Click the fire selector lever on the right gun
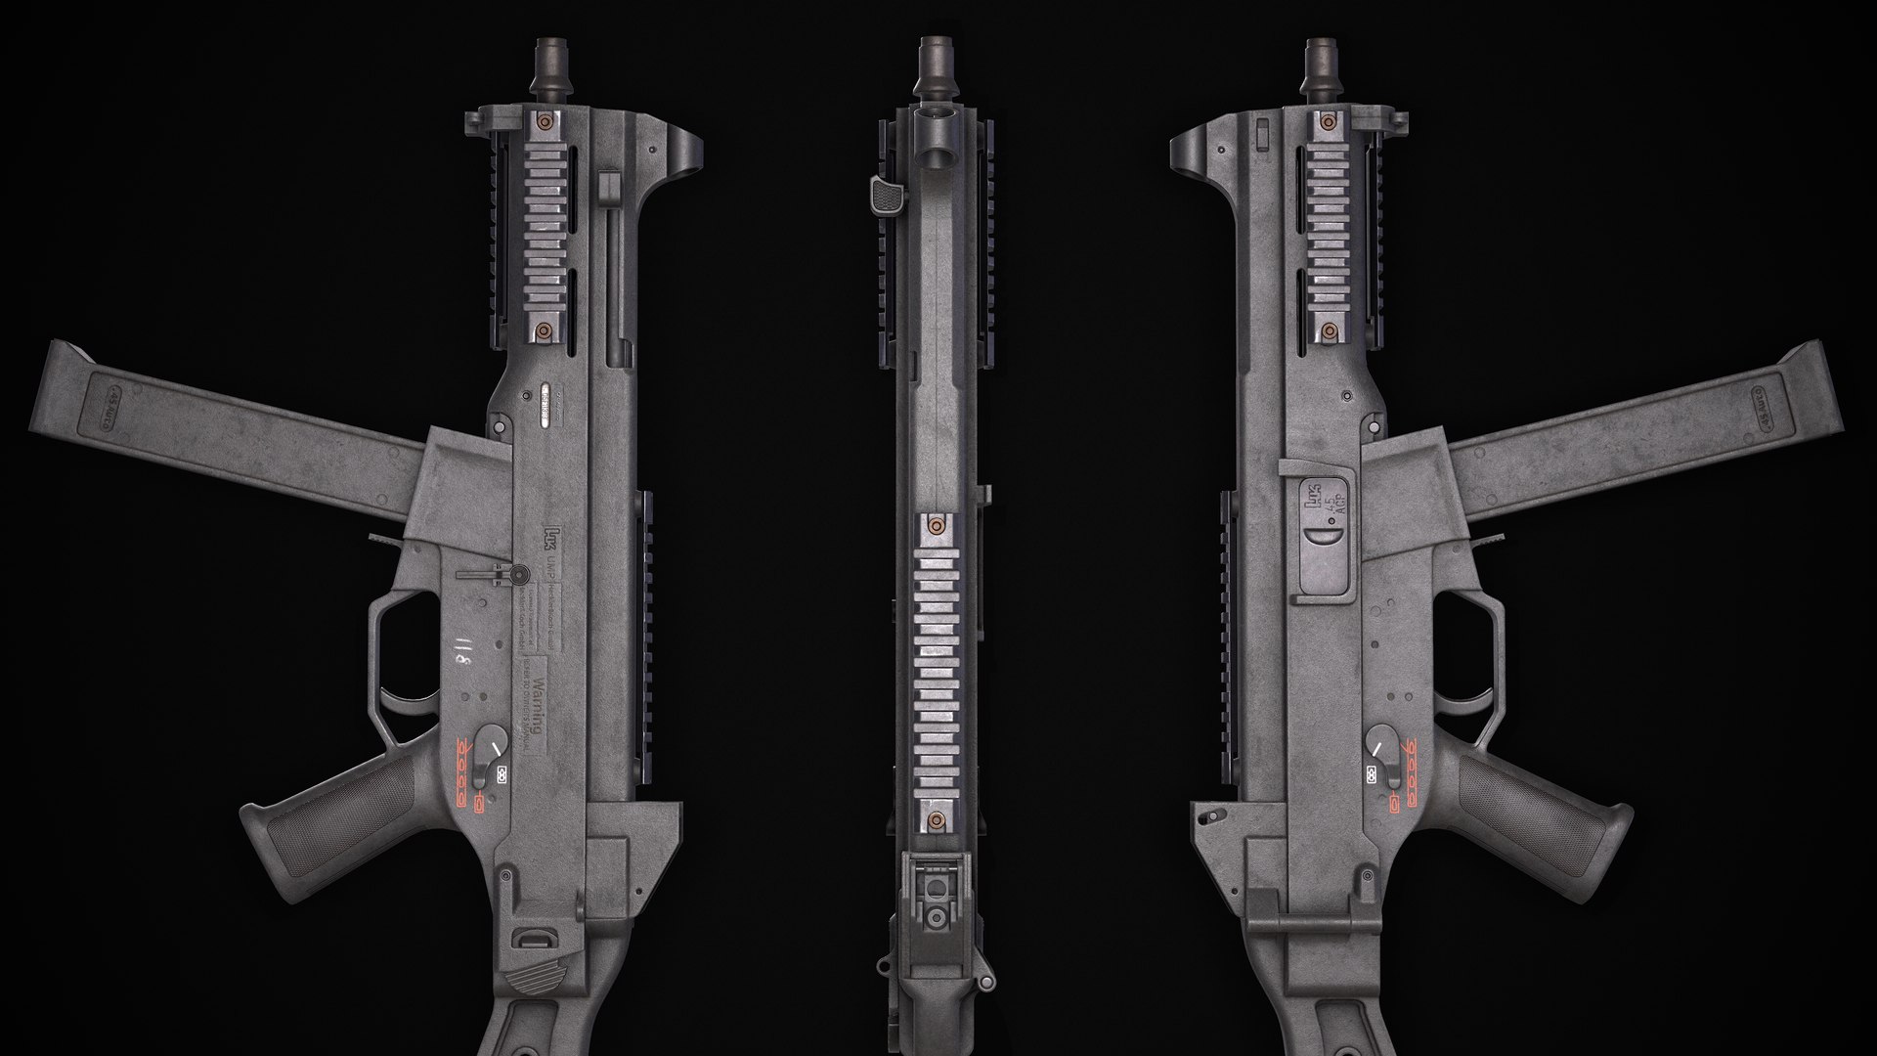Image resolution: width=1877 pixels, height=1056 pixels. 1381,746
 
